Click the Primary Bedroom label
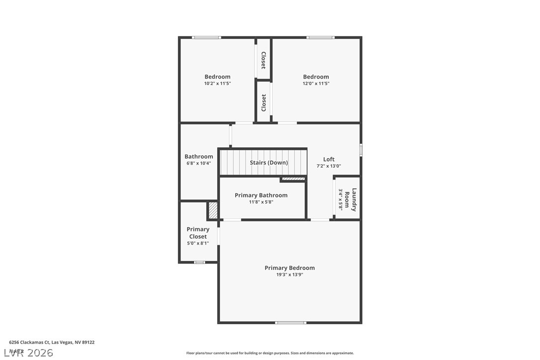tap(289, 268)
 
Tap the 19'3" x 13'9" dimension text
tap(289, 274)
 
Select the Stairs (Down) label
tap(269, 163)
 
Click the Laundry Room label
tap(351, 199)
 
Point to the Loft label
tap(329, 160)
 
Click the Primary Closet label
tap(198, 233)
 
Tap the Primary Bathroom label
tap(261, 195)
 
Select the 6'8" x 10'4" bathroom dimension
tap(198, 163)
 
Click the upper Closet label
tap(263, 60)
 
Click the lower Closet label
tap(264, 103)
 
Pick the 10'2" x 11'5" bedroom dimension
tap(217, 84)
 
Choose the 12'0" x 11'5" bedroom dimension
tap(316, 84)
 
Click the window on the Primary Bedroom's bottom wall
tap(291, 323)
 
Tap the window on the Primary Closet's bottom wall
tap(199, 262)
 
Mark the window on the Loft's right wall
tap(361, 149)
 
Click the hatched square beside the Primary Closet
tap(213, 210)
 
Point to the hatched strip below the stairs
tap(293, 179)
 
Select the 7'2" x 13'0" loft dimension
tap(329, 166)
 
